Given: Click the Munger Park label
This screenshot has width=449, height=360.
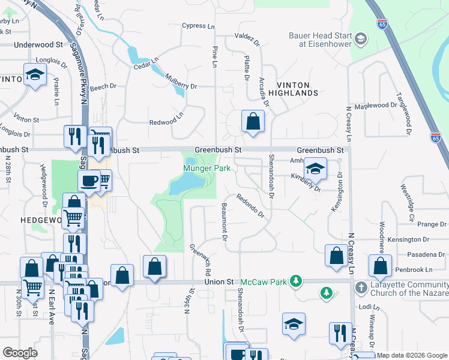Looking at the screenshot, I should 207,169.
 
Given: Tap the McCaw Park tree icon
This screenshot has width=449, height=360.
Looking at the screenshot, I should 295,281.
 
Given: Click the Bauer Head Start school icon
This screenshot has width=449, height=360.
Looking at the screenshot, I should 360,40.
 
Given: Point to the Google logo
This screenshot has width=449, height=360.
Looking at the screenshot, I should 20,353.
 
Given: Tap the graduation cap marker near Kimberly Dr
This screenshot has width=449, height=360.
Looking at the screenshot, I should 315,169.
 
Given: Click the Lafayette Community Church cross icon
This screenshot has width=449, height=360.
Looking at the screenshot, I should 361,288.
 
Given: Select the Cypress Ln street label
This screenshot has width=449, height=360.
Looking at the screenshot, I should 198,26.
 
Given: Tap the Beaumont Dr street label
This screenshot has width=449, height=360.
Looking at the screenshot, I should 223,220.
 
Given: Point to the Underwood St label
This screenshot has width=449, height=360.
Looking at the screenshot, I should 38,44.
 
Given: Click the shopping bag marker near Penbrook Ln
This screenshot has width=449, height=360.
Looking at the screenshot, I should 379,266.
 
